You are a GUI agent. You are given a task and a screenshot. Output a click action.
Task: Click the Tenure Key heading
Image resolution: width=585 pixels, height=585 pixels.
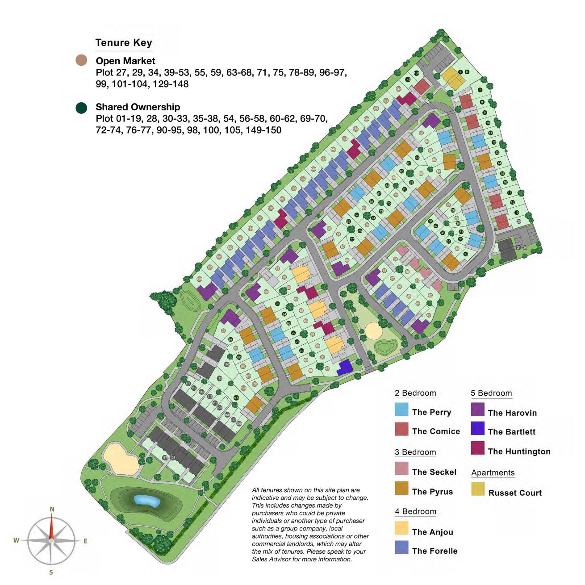tap(124, 43)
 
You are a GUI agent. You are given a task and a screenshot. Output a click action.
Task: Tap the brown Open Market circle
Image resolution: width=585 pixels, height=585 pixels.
tap(81, 61)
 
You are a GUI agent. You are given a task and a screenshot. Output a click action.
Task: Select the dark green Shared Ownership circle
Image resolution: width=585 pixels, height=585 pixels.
tap(81, 108)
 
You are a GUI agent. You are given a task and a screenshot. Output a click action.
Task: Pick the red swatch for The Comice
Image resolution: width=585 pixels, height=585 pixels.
tap(401, 429)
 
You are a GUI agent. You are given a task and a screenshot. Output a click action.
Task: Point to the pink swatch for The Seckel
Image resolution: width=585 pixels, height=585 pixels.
tap(401, 468)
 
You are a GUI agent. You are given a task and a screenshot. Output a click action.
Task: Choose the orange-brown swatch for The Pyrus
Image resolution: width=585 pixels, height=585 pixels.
tap(401, 488)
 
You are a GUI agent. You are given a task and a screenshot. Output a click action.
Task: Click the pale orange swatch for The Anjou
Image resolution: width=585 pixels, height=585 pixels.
tap(401, 528)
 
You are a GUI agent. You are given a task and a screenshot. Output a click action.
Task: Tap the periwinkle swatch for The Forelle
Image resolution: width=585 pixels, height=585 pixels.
tap(401, 547)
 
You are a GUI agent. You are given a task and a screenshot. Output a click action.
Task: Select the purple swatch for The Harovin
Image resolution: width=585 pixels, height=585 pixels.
tap(477, 409)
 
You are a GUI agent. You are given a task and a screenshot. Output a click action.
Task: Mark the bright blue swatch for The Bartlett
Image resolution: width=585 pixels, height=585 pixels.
tap(477, 429)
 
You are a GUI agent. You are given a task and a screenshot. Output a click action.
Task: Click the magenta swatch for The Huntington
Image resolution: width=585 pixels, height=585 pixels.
tap(477, 448)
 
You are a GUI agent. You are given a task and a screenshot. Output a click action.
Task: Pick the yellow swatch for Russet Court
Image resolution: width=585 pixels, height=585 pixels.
tap(477, 489)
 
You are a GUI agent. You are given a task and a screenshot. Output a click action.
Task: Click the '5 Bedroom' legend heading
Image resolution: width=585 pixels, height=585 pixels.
tap(491, 393)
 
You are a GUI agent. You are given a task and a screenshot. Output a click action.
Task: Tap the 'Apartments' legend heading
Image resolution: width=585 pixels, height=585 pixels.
tap(493, 473)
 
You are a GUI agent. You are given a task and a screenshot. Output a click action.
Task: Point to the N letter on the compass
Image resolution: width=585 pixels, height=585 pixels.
tap(52, 509)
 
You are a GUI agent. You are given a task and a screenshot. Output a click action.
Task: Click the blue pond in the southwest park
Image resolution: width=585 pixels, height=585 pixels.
tap(147, 501)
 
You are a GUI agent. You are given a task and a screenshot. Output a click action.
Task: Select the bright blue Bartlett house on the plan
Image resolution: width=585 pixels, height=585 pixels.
tap(345, 368)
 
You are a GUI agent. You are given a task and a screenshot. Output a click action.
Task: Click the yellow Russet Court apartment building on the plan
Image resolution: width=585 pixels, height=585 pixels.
tap(453, 79)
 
